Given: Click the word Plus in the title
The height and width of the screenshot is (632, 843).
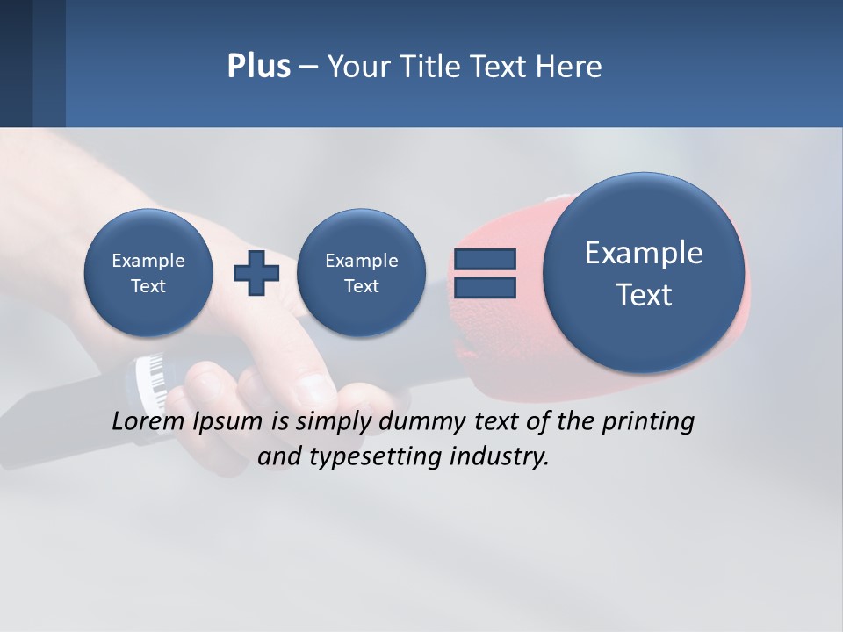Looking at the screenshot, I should point(258,67).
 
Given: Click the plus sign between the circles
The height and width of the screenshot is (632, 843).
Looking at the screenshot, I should point(256,272).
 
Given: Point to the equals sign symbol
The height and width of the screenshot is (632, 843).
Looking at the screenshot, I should point(484,272).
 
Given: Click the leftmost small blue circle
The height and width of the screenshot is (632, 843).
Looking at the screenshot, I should point(148,272).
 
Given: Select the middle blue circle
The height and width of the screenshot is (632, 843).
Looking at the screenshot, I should point(361,272).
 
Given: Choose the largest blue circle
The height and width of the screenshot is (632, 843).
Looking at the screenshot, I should point(644,273).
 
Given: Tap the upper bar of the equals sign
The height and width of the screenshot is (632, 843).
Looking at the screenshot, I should point(484,259).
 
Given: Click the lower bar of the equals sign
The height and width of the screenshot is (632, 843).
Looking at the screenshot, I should point(484,286).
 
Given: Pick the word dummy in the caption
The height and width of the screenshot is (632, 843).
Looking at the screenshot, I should point(419,421).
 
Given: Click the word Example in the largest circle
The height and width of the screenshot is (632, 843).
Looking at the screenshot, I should point(644,253).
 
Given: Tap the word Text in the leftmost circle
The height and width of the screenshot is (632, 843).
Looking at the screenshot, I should point(148,286).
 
